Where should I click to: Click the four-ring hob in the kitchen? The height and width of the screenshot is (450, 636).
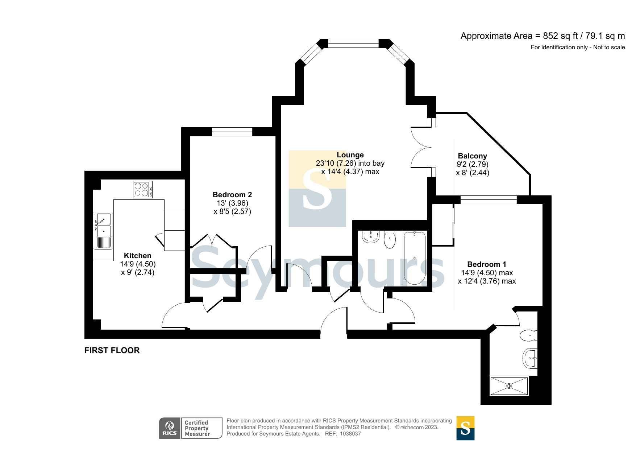click(x=143, y=190)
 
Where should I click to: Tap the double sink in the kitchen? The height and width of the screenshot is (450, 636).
click(x=103, y=231)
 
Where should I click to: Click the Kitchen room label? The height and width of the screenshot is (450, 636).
click(x=137, y=256)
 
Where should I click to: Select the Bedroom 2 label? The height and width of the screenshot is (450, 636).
click(x=232, y=195)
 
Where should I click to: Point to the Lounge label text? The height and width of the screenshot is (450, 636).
click(x=350, y=155)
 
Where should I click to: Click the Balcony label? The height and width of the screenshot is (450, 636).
click(x=472, y=156)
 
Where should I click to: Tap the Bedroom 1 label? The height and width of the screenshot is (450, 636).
click(x=486, y=264)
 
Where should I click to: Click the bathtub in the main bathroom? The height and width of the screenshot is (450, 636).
click(x=414, y=258)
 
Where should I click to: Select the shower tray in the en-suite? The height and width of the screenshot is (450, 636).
click(x=509, y=386)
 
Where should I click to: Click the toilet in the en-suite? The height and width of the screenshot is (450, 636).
click(x=528, y=335)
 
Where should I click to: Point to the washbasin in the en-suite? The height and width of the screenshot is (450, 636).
click(x=530, y=358)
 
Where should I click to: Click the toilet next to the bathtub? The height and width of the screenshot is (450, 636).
click(x=390, y=240)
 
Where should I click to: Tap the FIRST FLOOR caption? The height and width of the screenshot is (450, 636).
click(x=112, y=350)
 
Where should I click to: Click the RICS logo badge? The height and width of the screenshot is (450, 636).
click(x=170, y=428)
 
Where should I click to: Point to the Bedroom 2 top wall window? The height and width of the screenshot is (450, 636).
click(x=232, y=132)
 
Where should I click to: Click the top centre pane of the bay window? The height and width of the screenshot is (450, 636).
click(x=353, y=44)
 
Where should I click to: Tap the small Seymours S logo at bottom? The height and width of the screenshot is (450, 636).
click(x=465, y=428)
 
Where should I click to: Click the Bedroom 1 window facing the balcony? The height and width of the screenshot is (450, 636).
click(x=489, y=199)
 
